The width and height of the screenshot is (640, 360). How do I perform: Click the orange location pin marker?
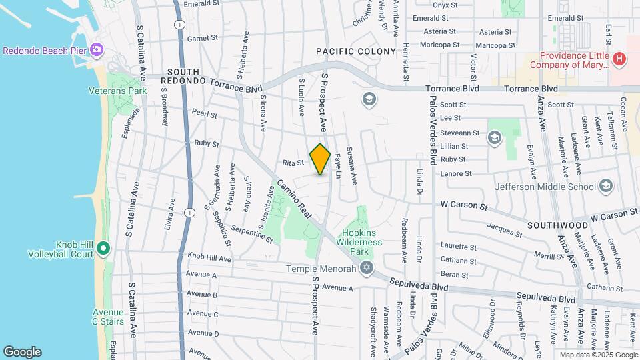[x=320, y=159]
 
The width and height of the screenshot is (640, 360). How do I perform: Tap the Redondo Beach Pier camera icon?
[x=97, y=50]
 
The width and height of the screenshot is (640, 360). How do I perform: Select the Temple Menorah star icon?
[x=365, y=269]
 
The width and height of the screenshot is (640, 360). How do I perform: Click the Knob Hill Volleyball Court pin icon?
[x=102, y=249]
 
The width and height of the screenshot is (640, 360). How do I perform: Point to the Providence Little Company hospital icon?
[x=620, y=59]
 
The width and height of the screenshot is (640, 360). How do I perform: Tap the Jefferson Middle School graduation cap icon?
[x=606, y=186]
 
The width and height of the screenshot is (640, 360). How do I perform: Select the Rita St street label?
[x=293, y=162]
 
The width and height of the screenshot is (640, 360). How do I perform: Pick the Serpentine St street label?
[x=252, y=233]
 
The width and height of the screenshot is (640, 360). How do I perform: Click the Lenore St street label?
[x=456, y=173]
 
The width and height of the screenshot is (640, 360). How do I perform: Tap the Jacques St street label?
[x=505, y=231]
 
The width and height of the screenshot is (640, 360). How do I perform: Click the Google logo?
[x=22, y=352]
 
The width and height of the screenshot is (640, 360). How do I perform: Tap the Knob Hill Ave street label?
[x=209, y=255]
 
